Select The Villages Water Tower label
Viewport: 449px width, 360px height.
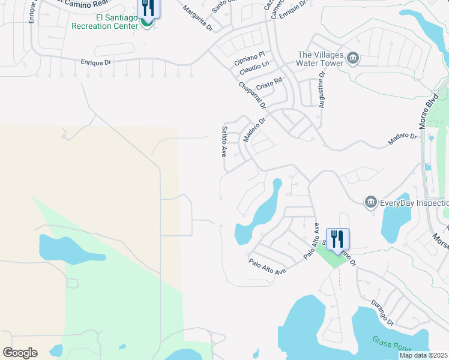pos(321,59)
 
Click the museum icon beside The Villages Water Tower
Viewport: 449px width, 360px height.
pos(352,59)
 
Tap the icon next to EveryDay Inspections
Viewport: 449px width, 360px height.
pos(370,202)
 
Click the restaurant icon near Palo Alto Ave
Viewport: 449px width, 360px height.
pos(337,239)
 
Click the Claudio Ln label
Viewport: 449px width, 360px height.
pos(254,70)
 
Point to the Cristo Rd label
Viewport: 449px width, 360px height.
pos(269,82)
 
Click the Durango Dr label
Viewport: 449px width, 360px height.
pos(382,312)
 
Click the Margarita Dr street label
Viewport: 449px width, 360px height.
pos(197,18)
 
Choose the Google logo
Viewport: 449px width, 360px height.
pos(20,353)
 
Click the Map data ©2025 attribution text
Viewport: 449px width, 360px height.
pos(423,355)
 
